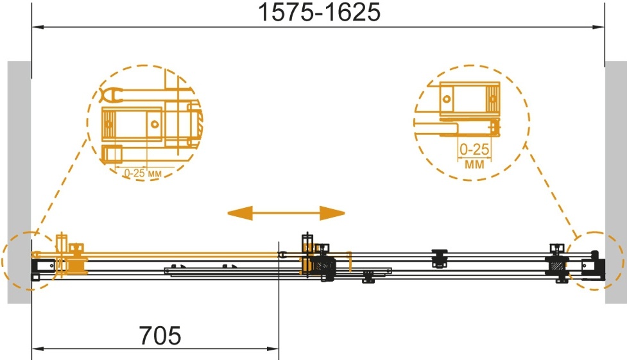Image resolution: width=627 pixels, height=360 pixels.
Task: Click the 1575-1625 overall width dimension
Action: coord(320,12)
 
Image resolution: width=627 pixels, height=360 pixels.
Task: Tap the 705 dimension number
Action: coord(160,335)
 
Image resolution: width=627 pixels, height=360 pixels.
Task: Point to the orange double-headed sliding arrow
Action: coord(286,213)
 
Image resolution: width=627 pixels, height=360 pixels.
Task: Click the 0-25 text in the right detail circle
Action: coord(474,150)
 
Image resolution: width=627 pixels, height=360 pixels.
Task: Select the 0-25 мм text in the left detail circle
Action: coord(142,173)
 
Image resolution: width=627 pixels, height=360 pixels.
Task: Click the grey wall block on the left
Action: coord(19,182)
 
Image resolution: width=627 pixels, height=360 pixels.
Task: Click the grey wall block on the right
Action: coord(616,182)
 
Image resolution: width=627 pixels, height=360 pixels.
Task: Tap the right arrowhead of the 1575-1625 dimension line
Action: coord(598,27)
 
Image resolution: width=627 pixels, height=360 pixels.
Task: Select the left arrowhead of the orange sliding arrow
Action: coord(240,213)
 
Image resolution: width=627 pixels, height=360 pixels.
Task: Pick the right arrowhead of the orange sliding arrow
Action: coord(332,213)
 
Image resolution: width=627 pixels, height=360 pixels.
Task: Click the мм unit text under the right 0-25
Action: coord(474,164)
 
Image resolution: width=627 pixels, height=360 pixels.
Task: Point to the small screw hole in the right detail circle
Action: coord(447,98)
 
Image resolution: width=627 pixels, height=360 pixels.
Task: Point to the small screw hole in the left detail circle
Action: coord(155,124)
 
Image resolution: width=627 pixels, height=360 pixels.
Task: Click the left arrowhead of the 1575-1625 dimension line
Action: coord(38,27)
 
